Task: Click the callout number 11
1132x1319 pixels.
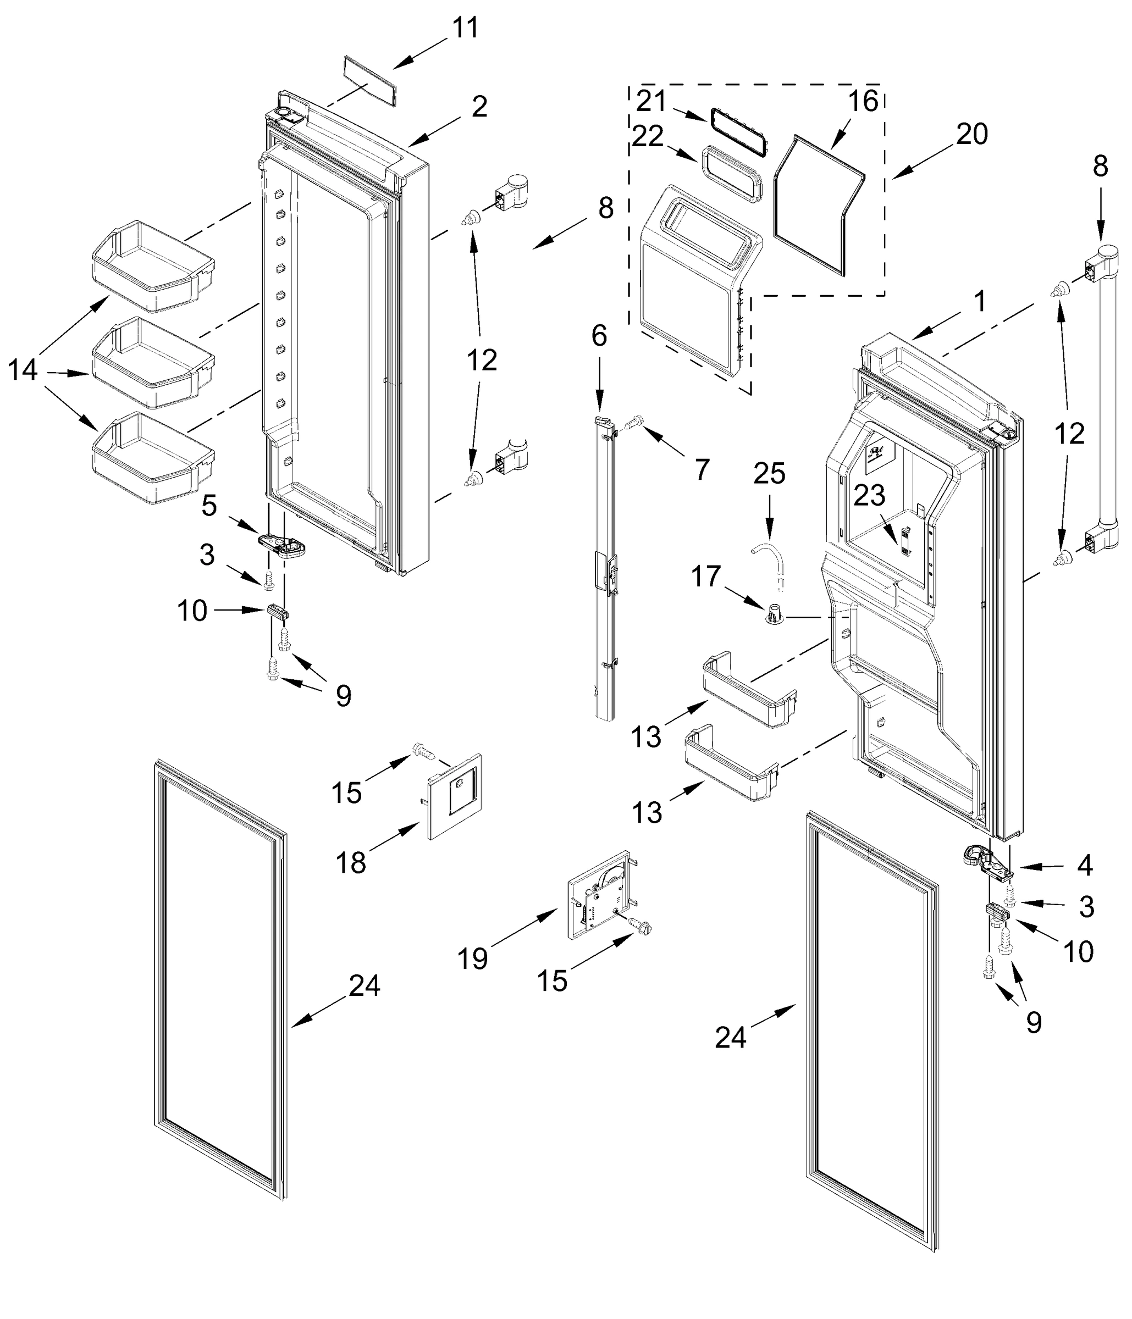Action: click(x=465, y=29)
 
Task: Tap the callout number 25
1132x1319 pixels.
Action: click(x=769, y=474)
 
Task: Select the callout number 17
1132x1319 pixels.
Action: click(x=706, y=577)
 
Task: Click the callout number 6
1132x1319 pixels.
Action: click(x=599, y=336)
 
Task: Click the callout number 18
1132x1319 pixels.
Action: click(x=351, y=863)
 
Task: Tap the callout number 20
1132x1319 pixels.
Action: click(x=971, y=134)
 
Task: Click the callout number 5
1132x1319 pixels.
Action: click(x=209, y=506)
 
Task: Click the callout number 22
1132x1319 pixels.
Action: click(x=648, y=136)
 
